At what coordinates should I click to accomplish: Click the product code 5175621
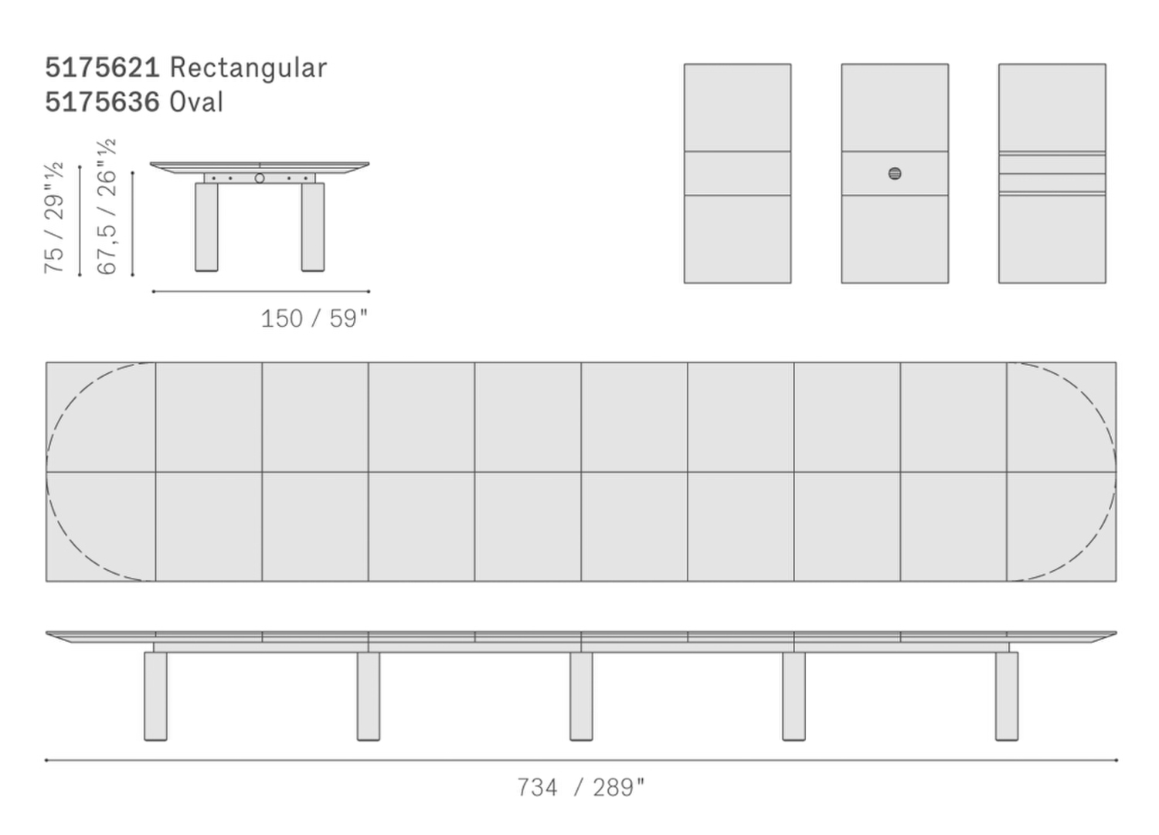pyautogui.click(x=102, y=68)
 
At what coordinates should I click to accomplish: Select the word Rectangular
pyautogui.click(x=248, y=68)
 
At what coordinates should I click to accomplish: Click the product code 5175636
pyautogui.click(x=102, y=102)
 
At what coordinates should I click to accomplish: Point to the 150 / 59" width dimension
pyautogui.click(x=314, y=318)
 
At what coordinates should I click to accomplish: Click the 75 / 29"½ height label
pyautogui.click(x=54, y=218)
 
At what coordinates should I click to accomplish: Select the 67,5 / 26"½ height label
pyautogui.click(x=107, y=207)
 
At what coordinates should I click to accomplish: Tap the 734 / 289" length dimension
pyautogui.click(x=580, y=787)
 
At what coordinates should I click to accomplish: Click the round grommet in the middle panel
pyautogui.click(x=895, y=174)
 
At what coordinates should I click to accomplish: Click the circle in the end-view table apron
pyautogui.click(x=260, y=178)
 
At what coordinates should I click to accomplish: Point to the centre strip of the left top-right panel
pyautogui.click(x=737, y=173)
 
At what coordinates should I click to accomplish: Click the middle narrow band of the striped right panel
pyautogui.click(x=1052, y=182)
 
